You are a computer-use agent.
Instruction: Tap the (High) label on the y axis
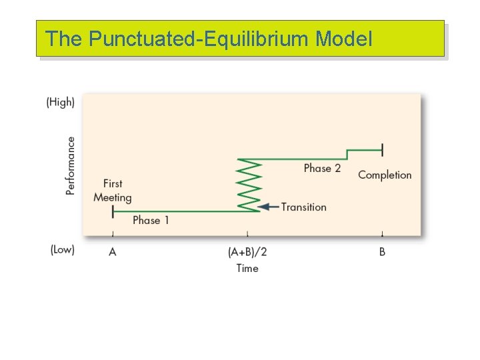point(60,102)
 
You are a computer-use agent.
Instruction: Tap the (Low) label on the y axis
point(61,249)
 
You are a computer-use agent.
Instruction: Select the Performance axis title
point(71,165)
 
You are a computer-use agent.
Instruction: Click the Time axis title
point(247,268)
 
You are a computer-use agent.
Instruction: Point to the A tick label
point(113,252)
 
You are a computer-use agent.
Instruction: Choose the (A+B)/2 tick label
point(247,252)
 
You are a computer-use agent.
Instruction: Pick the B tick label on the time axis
point(382,252)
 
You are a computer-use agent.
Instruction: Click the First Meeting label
point(113,190)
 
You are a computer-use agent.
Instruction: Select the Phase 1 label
point(151,220)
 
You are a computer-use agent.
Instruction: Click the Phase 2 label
point(322,168)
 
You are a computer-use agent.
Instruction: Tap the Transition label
point(304,207)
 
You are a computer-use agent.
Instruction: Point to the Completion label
point(385,175)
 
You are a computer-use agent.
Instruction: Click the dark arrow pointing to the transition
point(268,207)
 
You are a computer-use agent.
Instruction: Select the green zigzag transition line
point(249,185)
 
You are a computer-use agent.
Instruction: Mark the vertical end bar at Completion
point(382,150)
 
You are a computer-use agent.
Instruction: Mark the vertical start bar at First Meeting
point(113,211)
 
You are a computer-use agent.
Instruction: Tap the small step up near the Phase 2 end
point(347,154)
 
